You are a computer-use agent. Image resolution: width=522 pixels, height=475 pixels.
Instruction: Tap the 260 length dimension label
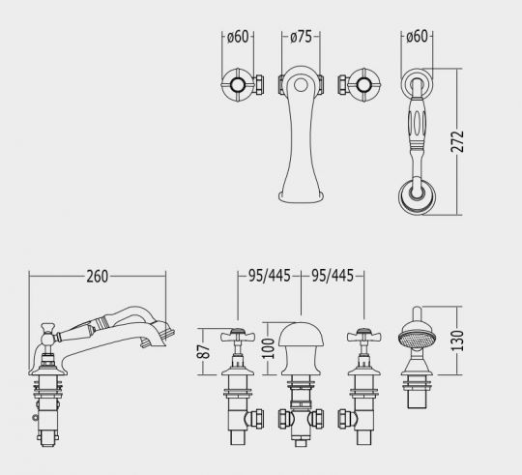pos(96,277)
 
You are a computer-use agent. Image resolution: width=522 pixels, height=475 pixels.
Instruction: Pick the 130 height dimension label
pos(471,341)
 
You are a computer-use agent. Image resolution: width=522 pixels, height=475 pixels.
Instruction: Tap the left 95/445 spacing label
pos(270,277)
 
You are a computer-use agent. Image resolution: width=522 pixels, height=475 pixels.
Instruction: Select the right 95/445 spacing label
pos(332,277)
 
